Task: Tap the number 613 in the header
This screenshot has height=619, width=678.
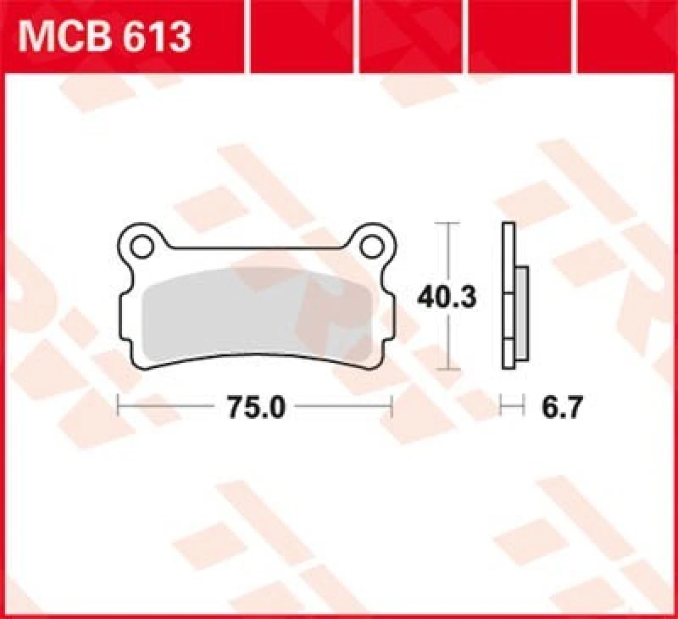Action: [156, 37]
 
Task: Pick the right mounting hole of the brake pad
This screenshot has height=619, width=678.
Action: [371, 246]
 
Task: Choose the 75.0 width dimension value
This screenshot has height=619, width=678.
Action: [254, 408]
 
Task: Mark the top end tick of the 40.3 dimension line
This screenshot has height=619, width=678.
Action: [447, 223]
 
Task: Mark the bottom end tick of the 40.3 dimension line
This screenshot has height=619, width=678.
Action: [447, 371]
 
